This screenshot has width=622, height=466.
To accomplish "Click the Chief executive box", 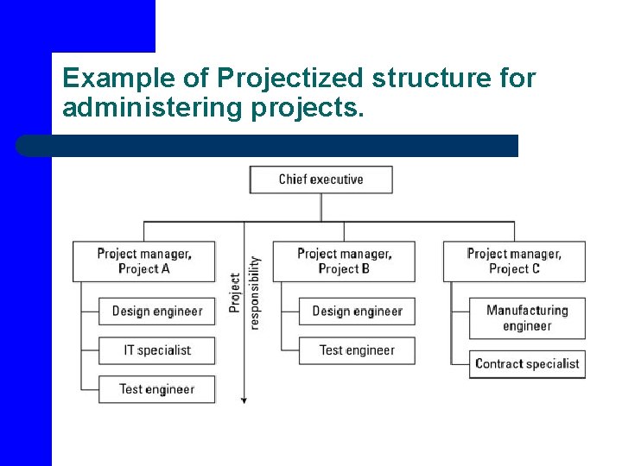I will tap(321, 179).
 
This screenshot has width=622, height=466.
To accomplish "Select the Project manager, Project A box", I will tap(144, 261).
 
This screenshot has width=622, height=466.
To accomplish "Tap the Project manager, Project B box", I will tap(344, 261).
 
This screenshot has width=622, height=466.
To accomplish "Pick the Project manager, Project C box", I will tap(514, 261).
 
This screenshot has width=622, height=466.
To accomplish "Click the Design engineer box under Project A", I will tap(156, 311).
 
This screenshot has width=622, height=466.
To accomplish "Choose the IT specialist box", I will tap(156, 350).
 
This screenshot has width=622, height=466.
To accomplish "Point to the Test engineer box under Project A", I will tap(156, 389).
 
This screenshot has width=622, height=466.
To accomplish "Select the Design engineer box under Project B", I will tap(357, 311).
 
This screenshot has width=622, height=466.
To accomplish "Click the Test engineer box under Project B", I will tap(357, 350).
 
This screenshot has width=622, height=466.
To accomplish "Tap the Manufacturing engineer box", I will tap(527, 318).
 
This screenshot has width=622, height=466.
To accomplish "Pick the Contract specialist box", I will tap(527, 363).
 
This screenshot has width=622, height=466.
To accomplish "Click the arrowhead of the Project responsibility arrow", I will tap(244, 400).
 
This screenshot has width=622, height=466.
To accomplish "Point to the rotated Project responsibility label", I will tap(244, 293).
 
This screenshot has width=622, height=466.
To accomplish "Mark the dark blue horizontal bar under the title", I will tap(268, 145).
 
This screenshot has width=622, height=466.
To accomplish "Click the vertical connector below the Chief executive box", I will tap(321, 207).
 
